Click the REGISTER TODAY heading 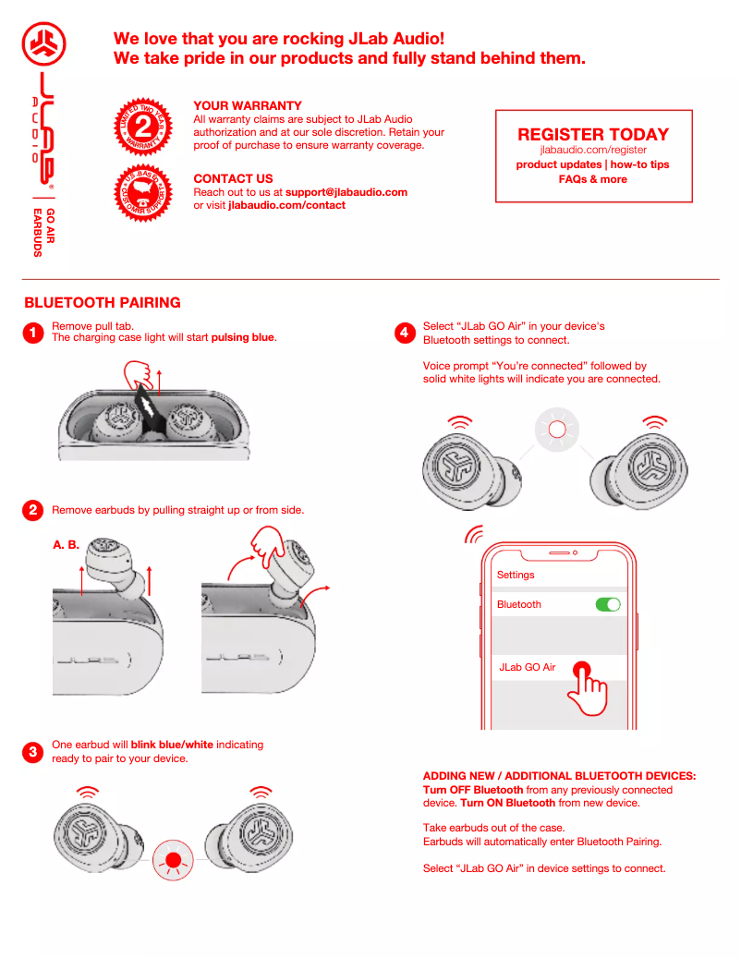[593, 134]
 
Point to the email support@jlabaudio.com [346, 192]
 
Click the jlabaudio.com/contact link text [286, 205]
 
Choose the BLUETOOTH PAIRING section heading [103, 303]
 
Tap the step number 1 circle [33, 333]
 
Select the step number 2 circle [33, 510]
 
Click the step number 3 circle [33, 752]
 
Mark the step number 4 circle [405, 333]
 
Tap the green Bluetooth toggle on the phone [608, 604]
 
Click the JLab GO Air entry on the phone [528, 667]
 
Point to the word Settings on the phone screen [516, 575]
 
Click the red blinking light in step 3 [173, 859]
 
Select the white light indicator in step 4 [556, 430]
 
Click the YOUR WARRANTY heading [248, 105]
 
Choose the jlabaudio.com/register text [593, 150]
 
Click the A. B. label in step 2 [67, 545]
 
